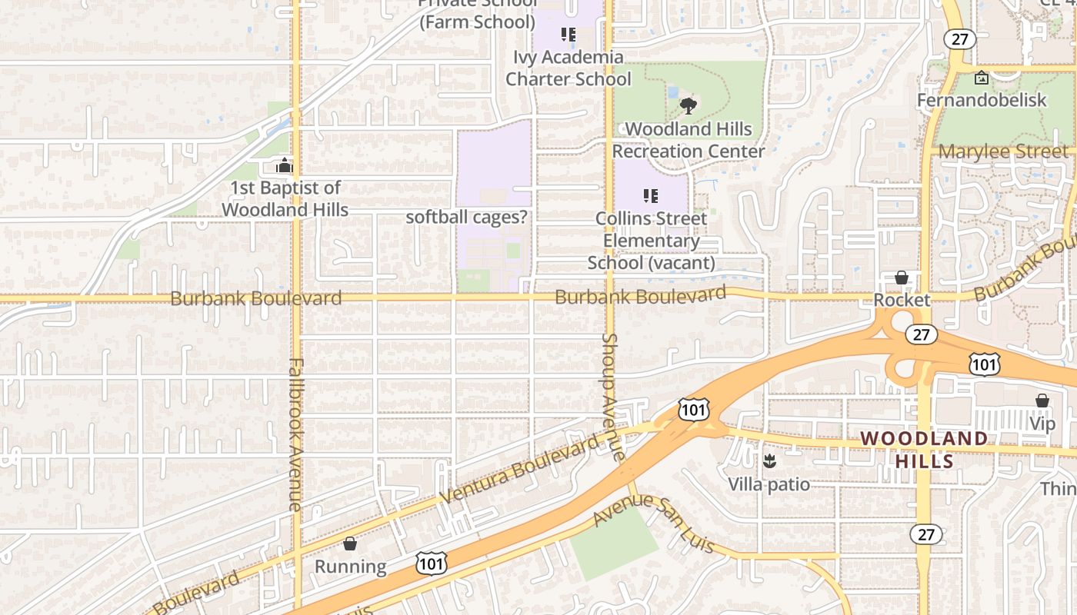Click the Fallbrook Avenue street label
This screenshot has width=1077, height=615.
click(295, 434)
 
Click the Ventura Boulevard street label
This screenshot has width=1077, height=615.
click(519, 470)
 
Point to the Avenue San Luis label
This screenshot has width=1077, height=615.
click(654, 523)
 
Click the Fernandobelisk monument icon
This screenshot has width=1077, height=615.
click(982, 78)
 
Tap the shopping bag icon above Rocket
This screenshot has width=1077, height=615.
click(902, 277)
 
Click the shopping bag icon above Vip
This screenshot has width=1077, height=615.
click(1042, 401)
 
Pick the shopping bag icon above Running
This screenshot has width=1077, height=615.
click(350, 544)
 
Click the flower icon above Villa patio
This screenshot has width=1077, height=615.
click(769, 461)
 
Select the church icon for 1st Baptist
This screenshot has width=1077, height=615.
click(285, 165)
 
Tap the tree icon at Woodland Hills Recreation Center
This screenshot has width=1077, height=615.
click(689, 105)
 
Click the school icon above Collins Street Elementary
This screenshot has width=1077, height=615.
click(651, 196)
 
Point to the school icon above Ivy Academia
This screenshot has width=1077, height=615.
click(569, 35)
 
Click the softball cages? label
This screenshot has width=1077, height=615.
click(467, 217)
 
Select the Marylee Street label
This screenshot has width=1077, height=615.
click(1004, 151)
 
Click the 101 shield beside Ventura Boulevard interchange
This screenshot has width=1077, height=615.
click(693, 409)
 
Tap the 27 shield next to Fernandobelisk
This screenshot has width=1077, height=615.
click(960, 39)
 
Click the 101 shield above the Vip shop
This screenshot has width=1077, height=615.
click(985, 364)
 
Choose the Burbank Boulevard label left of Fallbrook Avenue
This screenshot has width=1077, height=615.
click(255, 298)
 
